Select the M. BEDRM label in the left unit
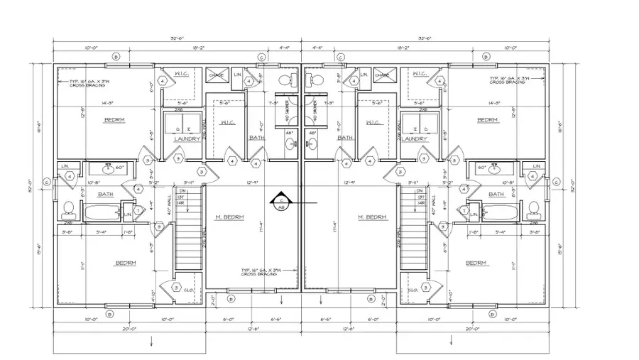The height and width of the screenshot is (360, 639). tap(231, 217)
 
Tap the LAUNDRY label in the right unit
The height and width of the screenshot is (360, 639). tap(414, 139)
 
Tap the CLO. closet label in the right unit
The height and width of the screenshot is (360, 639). tap(413, 289)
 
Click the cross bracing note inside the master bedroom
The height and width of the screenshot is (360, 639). tap(258, 272)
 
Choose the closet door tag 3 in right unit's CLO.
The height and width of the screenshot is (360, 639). tap(430, 286)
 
